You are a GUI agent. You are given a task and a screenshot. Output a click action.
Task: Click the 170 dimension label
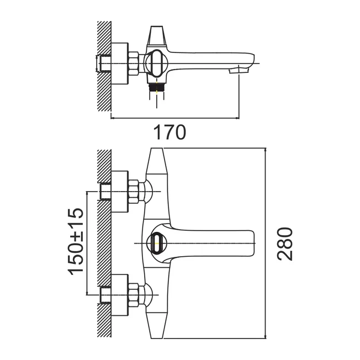pyautogui.click(x=170, y=133)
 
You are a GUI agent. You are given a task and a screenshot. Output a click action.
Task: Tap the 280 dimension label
pyautogui.click(x=285, y=244)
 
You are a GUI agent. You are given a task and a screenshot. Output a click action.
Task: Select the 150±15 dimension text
pyautogui.click(x=75, y=241)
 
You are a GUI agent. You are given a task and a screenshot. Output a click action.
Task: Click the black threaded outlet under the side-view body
pyautogui.click(x=157, y=88)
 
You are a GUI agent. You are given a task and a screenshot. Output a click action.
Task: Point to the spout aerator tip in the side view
pyautogui.click(x=239, y=70)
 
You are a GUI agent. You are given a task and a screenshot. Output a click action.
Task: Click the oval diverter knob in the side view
pyautogui.click(x=157, y=63)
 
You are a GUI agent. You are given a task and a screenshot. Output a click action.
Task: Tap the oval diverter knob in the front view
pyautogui.click(x=157, y=243)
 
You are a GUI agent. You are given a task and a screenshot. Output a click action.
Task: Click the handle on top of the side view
pyautogui.click(x=157, y=35)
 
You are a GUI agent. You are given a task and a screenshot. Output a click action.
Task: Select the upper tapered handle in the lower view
pyautogui.click(x=157, y=161)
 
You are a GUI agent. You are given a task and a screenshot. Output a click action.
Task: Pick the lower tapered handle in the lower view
pyautogui.click(x=157, y=325)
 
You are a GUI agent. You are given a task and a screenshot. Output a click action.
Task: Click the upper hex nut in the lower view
pyautogui.click(x=134, y=192)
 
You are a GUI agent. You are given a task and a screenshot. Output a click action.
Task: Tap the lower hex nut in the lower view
pyautogui.click(x=134, y=295)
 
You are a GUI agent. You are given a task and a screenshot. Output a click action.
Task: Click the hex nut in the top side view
pyautogui.click(x=134, y=63)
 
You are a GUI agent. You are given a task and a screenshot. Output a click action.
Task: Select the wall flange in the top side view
pyautogui.click(x=119, y=63)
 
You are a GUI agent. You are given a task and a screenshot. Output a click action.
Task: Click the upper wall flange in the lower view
pyautogui.click(x=119, y=192)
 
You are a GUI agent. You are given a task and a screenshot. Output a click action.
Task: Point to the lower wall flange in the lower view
pyautogui.click(x=119, y=295)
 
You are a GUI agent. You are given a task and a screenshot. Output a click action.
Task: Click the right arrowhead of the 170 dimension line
pyautogui.click(x=237, y=118)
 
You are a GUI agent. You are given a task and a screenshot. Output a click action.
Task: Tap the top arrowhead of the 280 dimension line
pyautogui.click(x=266, y=150)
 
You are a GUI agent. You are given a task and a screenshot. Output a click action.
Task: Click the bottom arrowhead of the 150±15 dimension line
pyautogui.click(x=87, y=293)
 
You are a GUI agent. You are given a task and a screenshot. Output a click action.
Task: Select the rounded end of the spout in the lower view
pyautogui.click(x=252, y=243)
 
